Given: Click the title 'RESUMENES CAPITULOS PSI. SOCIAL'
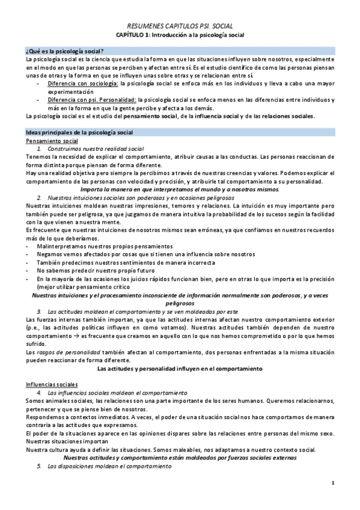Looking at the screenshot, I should [x=181, y=27].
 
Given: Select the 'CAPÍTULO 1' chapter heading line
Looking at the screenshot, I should [x=181, y=35].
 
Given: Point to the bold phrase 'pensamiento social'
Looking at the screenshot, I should [x=152, y=116].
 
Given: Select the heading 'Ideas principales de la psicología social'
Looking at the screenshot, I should [x=81, y=132].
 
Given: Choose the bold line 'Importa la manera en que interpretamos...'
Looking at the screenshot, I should [x=180, y=189].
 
